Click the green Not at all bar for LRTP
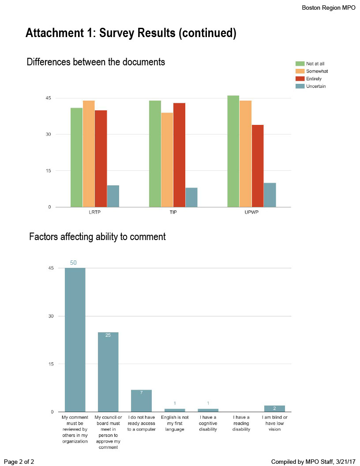click(76, 157)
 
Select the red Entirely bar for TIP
click(179, 155)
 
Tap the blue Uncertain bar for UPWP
click(270, 195)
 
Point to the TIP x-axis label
click(173, 212)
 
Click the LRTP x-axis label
click(95, 212)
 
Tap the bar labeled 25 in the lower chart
click(108, 372)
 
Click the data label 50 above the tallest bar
click(73, 263)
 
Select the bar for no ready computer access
click(141, 401)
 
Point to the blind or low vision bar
click(274, 409)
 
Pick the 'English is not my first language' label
click(175, 423)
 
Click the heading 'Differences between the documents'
click(96, 62)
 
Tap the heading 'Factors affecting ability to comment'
click(97, 237)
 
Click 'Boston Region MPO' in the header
click(328, 8)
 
